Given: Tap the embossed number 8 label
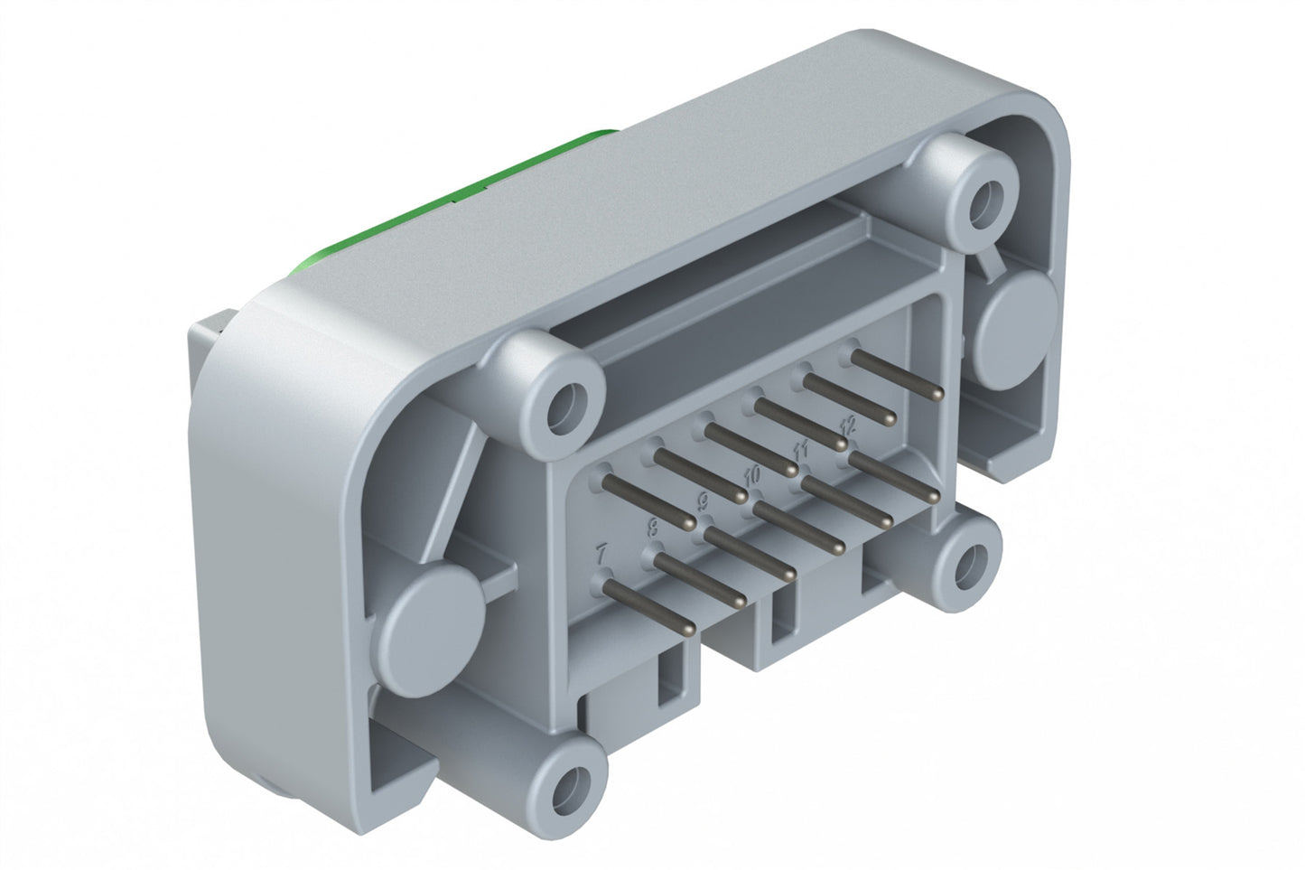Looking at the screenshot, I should click(x=652, y=528).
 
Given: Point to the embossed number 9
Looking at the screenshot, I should click(x=703, y=500).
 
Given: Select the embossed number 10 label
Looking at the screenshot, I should click(x=750, y=473).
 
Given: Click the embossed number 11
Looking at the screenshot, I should click(x=798, y=448).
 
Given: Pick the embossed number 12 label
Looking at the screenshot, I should click(x=846, y=423).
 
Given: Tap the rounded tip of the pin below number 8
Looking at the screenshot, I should click(x=741, y=602).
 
